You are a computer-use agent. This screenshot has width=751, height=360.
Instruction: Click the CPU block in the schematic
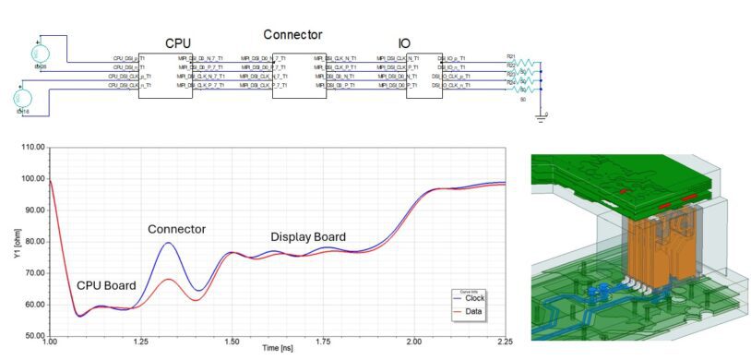click(165, 75)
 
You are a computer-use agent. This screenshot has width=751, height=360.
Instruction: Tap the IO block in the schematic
click(423, 75)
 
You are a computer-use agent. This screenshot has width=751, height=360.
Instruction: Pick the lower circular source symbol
click(23, 98)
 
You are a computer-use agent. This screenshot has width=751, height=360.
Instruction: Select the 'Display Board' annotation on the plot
click(307, 237)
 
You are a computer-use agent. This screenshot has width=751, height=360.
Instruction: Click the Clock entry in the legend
click(473, 304)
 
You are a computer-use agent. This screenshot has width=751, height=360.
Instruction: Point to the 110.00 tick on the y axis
click(31, 148)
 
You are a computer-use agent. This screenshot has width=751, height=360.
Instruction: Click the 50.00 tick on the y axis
click(32, 335)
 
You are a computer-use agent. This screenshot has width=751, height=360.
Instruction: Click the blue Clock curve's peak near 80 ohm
click(168, 243)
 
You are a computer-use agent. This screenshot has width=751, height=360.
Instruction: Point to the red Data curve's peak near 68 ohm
click(168, 279)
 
